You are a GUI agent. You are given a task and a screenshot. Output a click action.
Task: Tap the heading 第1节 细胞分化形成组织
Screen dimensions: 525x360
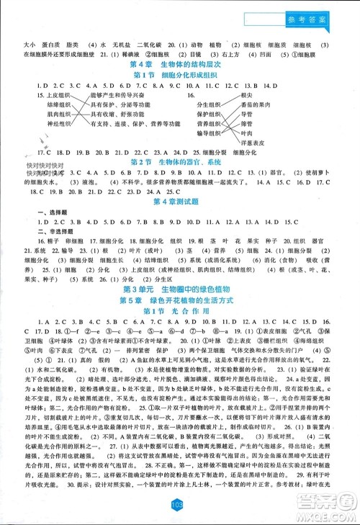pos(179,76)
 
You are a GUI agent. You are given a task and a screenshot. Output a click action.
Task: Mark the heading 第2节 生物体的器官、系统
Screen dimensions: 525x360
pos(180,162)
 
